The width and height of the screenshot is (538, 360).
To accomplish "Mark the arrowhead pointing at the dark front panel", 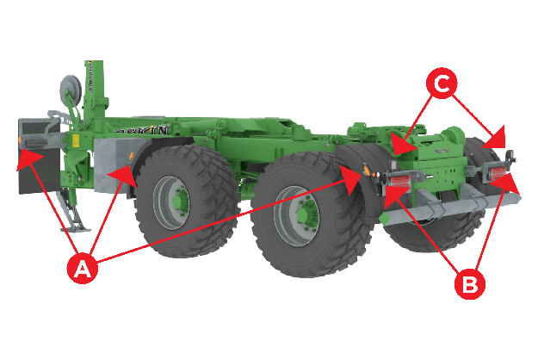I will [22, 156].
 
